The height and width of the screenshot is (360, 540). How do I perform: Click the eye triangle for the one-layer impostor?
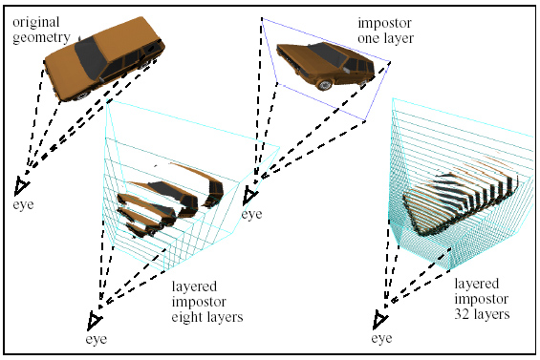(249, 196)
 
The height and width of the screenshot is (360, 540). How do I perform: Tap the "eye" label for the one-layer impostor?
(250, 215)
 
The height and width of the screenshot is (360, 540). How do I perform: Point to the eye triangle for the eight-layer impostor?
(95, 319)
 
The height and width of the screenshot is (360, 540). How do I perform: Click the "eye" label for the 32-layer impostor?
(381, 338)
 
